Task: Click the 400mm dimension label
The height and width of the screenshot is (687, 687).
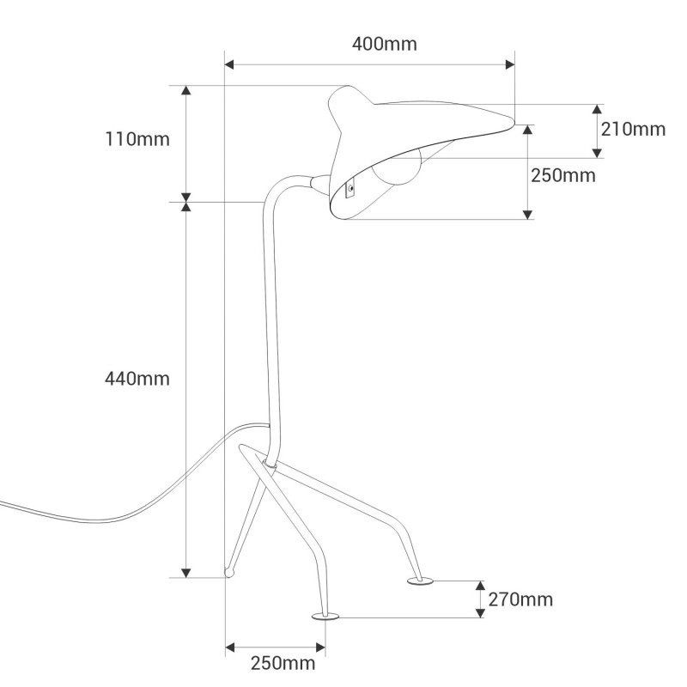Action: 384,44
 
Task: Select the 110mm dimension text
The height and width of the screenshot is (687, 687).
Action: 137,139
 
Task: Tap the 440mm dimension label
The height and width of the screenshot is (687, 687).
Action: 137,379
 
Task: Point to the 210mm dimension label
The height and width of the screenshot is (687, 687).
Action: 633,130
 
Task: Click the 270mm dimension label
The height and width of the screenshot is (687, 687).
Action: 520,599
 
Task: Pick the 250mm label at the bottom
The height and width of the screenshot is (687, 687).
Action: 283,663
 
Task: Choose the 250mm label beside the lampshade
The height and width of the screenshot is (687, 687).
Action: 563,176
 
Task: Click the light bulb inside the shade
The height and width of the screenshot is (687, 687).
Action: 397,167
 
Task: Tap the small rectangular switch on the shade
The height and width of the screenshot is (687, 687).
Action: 350,189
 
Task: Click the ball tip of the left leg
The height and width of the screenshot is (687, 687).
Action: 229,573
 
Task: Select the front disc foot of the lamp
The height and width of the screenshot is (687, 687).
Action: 325,617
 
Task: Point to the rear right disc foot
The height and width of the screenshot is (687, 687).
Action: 420,581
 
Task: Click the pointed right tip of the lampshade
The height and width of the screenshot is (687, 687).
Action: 513,123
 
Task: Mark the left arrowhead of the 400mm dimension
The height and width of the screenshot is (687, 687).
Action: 229,65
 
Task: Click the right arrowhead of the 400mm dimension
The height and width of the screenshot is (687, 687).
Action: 510,65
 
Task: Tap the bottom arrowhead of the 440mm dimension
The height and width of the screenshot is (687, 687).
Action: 186,573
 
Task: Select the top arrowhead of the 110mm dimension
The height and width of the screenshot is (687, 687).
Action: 186,90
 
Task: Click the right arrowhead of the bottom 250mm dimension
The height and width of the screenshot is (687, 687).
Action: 320,647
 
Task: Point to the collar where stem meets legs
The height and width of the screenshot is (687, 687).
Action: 270,464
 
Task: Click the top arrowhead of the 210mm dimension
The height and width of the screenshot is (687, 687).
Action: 597,109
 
